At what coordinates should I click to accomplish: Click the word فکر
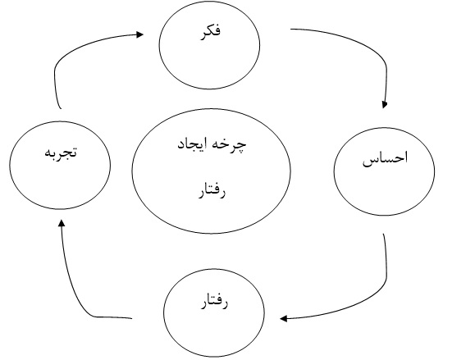pyautogui.click(x=211, y=31)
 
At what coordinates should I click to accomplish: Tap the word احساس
pyautogui.click(x=385, y=158)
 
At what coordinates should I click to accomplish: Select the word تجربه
pyautogui.click(x=61, y=152)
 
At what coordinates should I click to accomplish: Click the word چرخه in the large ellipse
pyautogui.click(x=231, y=145)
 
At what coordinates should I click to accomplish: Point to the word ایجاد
pyautogui.click(x=193, y=144)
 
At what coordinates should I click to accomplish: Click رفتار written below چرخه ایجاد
pyautogui.click(x=212, y=191)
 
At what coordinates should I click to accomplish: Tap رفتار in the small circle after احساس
pyautogui.click(x=214, y=303)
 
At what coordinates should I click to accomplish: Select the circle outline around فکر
pyautogui.click(x=159, y=46)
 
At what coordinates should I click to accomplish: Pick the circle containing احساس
pyautogui.click(x=334, y=171)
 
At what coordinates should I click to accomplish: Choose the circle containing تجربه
pyautogui.click(x=10, y=165)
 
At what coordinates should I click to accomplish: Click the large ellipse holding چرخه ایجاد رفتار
pyautogui.click(x=132, y=171)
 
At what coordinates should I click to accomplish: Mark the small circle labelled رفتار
pyautogui.click(x=164, y=312)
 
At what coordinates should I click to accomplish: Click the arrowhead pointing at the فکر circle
pyautogui.click(x=139, y=35)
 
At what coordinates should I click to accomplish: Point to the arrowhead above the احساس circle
pyautogui.click(x=384, y=105)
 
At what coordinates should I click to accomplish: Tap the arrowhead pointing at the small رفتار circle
pyautogui.click(x=283, y=319)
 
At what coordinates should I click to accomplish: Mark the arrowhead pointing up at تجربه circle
pyautogui.click(x=62, y=223)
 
